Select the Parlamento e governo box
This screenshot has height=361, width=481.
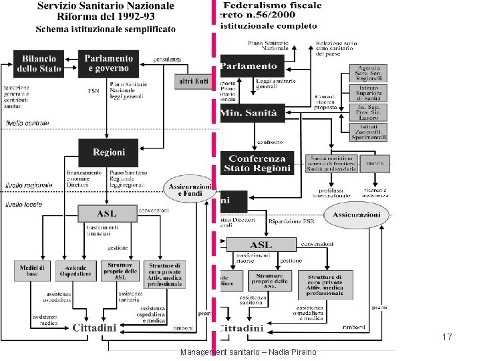(x=108, y=63)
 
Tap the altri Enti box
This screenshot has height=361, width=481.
(x=193, y=82)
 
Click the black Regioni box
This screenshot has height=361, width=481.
(x=109, y=152)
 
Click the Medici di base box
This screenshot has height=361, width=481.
(x=33, y=271)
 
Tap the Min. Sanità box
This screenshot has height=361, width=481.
(x=253, y=112)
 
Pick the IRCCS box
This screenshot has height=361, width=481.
(x=376, y=164)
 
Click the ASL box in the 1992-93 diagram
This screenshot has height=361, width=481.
(x=107, y=214)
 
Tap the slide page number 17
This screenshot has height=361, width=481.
(x=448, y=338)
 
